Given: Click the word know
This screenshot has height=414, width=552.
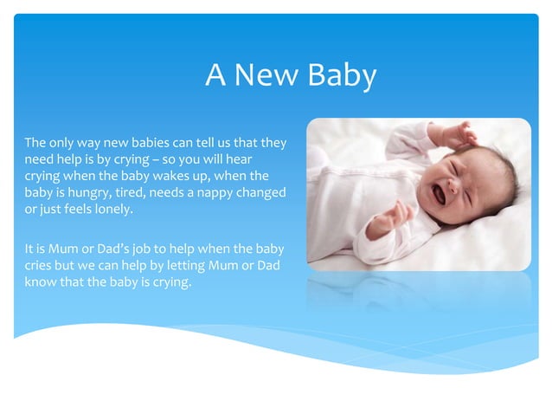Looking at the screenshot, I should pyautogui.click(x=41, y=282).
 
